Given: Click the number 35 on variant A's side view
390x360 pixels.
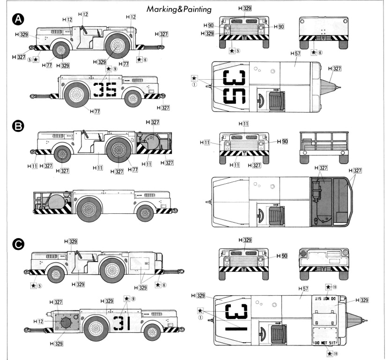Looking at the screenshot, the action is coord(105,89).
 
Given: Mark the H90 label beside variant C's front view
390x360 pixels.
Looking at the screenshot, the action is coord(281,256).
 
